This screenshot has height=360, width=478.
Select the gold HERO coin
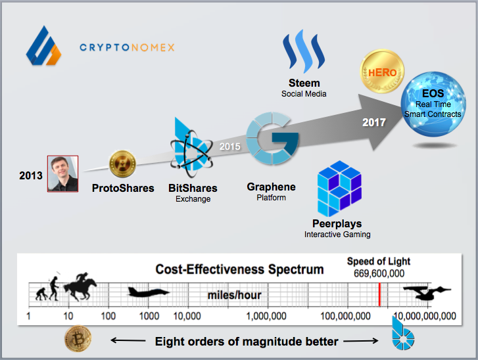[x=383, y=73]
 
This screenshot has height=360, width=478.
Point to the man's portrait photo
[x=62, y=173]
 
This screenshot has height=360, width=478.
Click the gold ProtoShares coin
[x=122, y=164]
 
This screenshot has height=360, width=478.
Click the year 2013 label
[x=30, y=175]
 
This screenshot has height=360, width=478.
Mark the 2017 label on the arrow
[x=374, y=122]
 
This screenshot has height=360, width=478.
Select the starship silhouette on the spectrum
[x=428, y=292]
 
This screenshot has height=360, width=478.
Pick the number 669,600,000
[x=375, y=273]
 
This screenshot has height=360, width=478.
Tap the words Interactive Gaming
[x=337, y=235]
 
